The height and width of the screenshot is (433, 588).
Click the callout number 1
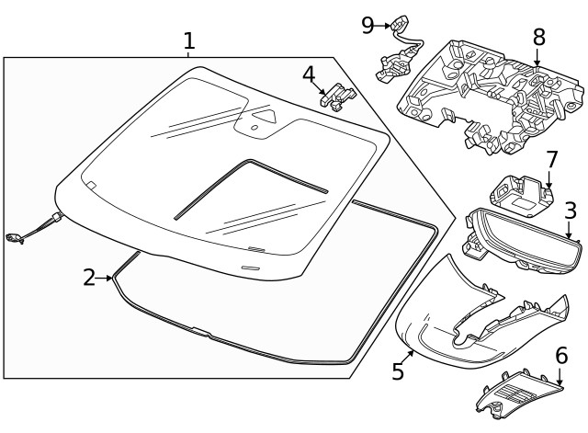coord(188,41)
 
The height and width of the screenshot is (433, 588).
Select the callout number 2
coord(89,277)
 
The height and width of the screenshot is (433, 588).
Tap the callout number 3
coord(571,211)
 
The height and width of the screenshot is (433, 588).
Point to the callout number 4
coord(310,73)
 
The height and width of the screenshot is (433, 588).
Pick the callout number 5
coord(398,370)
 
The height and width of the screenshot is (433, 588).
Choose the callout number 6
coord(560,354)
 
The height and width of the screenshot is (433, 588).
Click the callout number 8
coord(538,38)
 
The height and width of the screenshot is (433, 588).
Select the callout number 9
coord(367,24)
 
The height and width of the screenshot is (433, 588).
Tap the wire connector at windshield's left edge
coord(17,238)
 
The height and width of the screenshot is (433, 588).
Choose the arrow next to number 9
coord(385,24)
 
